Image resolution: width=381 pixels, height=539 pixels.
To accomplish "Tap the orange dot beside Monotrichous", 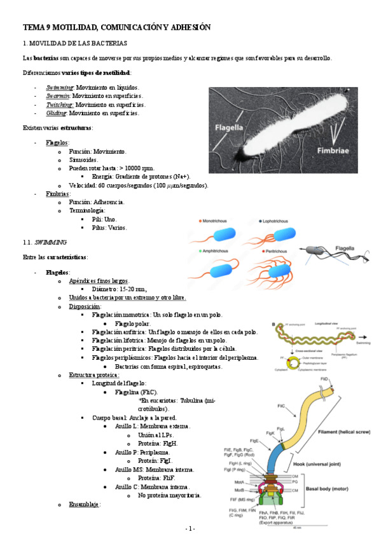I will [x=198, y=221].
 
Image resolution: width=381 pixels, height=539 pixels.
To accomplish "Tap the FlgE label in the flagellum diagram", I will [x=254, y=440].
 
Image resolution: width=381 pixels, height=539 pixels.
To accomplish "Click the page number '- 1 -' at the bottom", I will [x=190, y=529].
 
